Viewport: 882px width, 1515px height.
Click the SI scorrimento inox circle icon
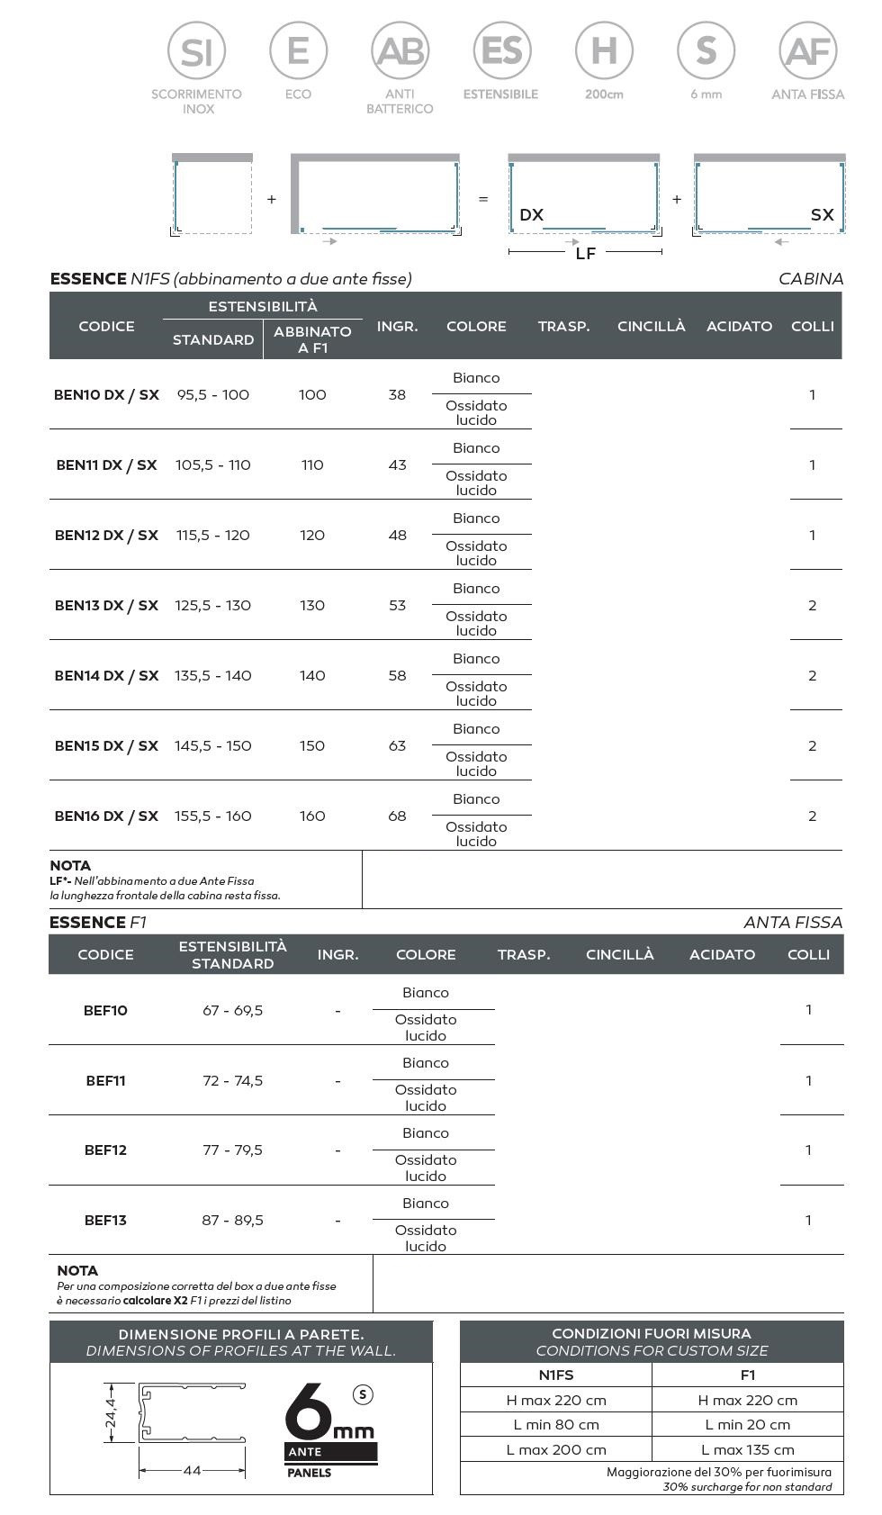[x=196, y=51]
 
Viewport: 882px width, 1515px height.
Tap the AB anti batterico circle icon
[x=400, y=51]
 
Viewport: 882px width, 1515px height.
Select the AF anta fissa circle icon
[x=807, y=51]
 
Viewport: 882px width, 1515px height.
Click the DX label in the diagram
[x=532, y=215]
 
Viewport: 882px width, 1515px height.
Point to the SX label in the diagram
[x=822, y=215]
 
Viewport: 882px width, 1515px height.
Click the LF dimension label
[x=585, y=254]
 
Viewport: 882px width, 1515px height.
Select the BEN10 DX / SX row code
[x=106, y=395]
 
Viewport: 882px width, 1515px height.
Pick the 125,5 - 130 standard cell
[x=213, y=606]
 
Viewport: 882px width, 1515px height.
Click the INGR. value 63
[x=397, y=746]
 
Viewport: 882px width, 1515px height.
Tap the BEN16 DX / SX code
[x=106, y=816]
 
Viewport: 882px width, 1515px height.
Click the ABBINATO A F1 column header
[x=312, y=339]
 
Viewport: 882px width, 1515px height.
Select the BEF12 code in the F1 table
[x=105, y=1150]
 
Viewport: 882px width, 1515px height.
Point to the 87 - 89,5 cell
[x=232, y=1221]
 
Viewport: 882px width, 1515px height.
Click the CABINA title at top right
[x=810, y=279]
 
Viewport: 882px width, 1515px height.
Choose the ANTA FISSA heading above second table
[x=792, y=923]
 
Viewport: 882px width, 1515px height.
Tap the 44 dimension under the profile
[x=192, y=1471]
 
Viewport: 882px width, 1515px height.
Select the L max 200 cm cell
[x=555, y=1450]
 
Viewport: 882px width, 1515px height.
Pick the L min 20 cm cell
[x=747, y=1425]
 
